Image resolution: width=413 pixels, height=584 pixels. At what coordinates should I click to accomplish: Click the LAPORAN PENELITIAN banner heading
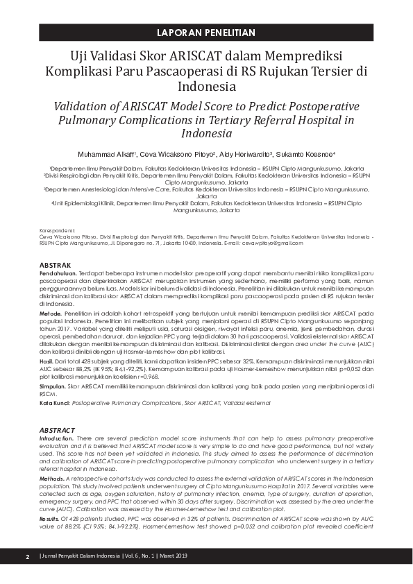[206, 33]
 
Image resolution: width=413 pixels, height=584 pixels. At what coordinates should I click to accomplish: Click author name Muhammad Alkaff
[108, 154]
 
